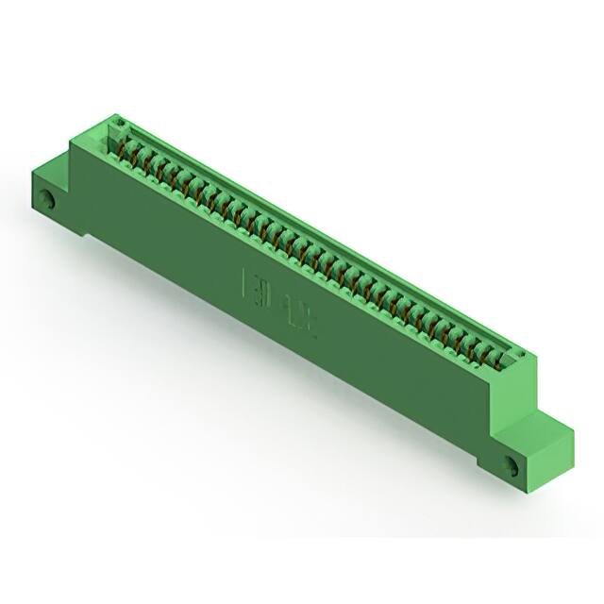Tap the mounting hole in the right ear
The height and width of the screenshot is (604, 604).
(x=512, y=465)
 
